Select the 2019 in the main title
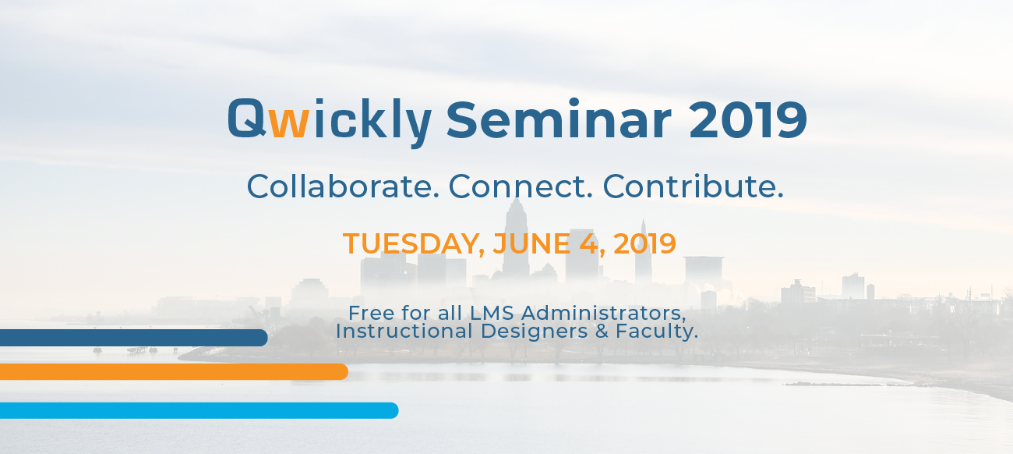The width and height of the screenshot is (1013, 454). click(x=748, y=119)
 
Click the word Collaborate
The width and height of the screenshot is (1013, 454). click(x=342, y=186)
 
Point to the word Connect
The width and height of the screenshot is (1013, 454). click(x=520, y=186)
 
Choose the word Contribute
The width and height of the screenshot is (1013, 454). click(x=693, y=186)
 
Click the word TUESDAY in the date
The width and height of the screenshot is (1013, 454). click(x=413, y=244)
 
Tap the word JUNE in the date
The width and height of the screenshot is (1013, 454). click(x=531, y=243)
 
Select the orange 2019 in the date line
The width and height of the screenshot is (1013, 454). click(x=644, y=243)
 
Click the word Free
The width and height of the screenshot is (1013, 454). click(x=371, y=313)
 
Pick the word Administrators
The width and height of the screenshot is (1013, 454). click(x=604, y=314)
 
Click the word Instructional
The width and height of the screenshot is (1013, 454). click(x=404, y=331)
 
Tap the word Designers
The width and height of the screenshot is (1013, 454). click(x=534, y=332)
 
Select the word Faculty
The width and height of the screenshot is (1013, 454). click(x=657, y=332)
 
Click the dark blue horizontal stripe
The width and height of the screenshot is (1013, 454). click(x=134, y=338)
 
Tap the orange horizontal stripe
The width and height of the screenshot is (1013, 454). click(x=174, y=371)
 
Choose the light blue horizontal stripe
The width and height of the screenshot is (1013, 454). click(x=199, y=410)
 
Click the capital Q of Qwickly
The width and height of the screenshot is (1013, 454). click(x=247, y=119)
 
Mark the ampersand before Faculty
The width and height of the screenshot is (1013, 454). click(x=602, y=331)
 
